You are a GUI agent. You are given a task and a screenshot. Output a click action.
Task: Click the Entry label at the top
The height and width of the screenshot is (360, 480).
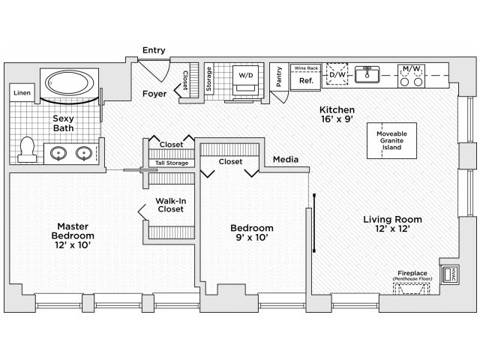(x=154, y=51)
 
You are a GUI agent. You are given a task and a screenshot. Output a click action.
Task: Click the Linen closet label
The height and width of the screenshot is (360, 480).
(x=21, y=92)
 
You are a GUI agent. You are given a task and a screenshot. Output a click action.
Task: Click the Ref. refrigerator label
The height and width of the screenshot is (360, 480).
(x=305, y=80)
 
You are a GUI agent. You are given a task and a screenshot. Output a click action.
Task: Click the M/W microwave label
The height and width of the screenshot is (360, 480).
(x=412, y=70)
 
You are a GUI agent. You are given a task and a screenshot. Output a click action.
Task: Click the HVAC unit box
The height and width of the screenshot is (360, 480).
(x=451, y=274)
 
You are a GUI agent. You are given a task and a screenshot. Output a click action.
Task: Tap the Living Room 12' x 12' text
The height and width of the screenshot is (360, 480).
(x=392, y=224)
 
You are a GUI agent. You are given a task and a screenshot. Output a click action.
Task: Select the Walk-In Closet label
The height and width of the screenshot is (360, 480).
(x=172, y=205)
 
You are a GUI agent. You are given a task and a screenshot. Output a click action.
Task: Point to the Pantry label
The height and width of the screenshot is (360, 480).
(x=279, y=77)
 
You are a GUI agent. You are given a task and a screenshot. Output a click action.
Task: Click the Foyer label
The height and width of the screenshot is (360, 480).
(x=154, y=94)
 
